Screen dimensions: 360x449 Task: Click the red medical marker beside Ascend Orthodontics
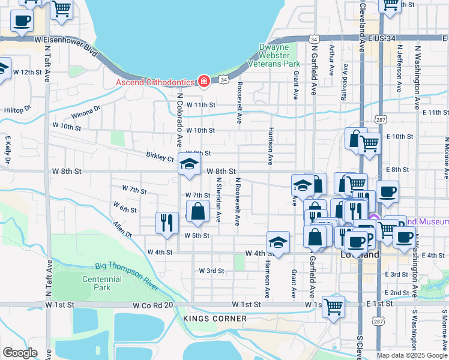(204, 82)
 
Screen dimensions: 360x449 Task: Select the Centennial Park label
(97, 283)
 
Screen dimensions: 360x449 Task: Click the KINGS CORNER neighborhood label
(207, 318)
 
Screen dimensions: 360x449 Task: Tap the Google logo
(20, 353)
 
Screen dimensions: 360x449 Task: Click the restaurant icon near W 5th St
(166, 222)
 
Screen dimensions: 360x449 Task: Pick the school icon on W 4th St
(278, 242)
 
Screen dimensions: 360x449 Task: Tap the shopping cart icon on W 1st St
(333, 306)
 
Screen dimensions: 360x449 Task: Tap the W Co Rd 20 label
(153, 305)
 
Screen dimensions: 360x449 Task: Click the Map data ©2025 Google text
(411, 355)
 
